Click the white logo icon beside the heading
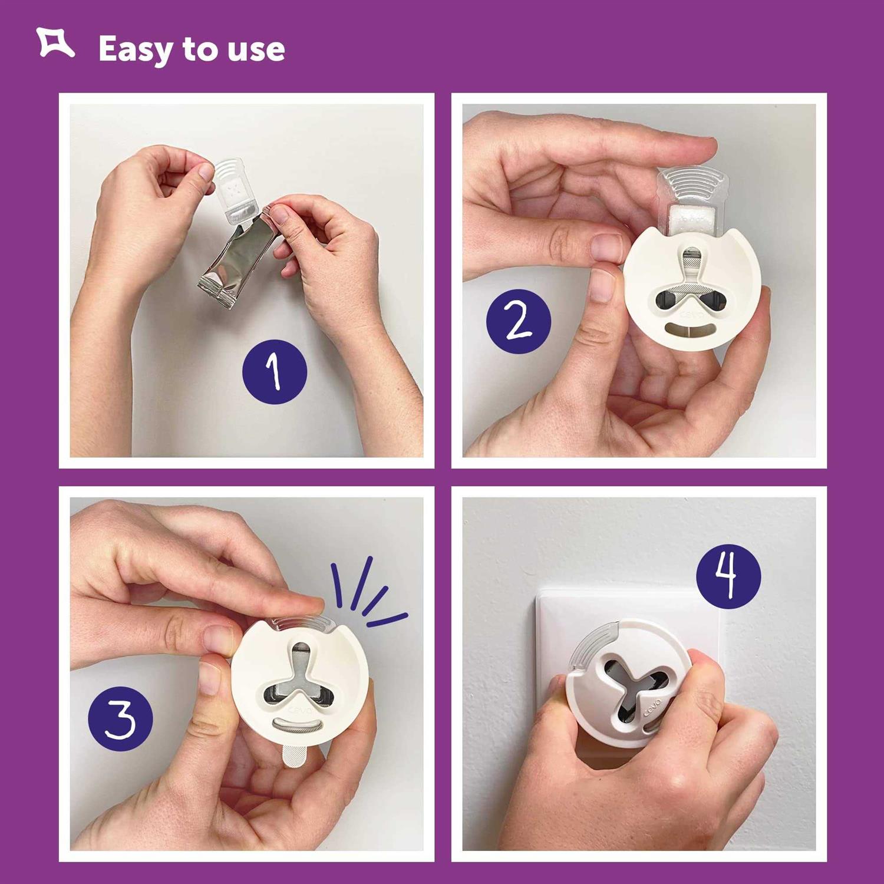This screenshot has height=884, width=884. point(55,43)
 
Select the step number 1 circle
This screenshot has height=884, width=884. point(275,372)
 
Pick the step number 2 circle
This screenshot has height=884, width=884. point(518,322)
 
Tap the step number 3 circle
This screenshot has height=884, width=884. point(120,719)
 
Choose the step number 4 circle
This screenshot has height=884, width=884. point(728,576)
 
